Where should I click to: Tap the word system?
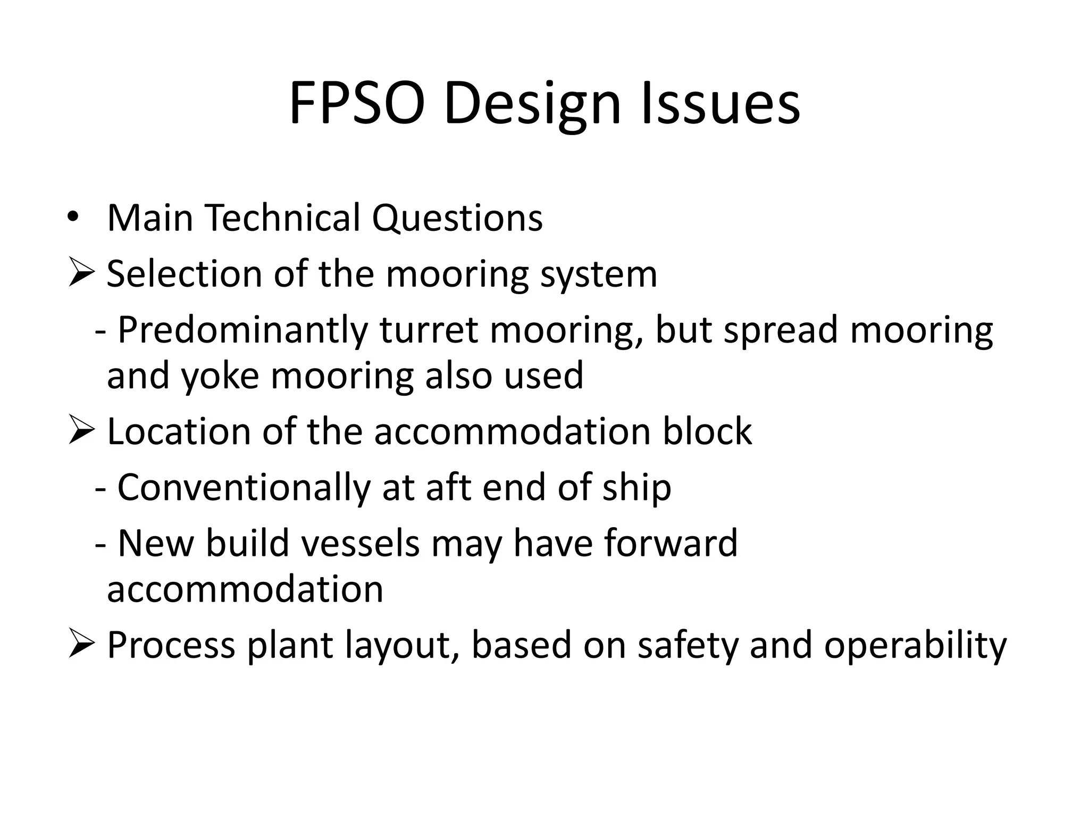point(599,275)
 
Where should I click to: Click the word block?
point(707,431)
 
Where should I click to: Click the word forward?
point(671,543)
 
